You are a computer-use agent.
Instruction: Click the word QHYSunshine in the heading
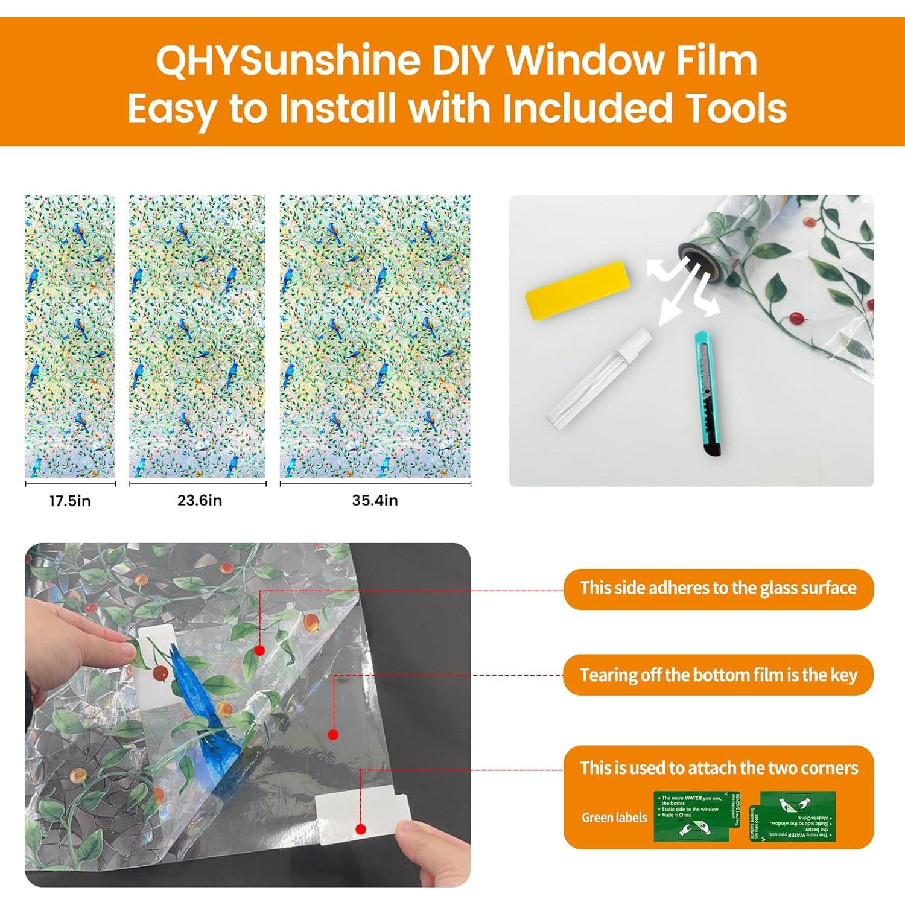[x=288, y=61]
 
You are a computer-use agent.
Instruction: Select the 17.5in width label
[x=70, y=501]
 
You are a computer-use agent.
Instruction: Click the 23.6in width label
[x=199, y=500]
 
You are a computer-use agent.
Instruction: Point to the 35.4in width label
[x=375, y=500]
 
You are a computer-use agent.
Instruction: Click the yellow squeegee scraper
[x=577, y=289]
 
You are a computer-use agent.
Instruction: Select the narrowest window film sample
[x=69, y=336]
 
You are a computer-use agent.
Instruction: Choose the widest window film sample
[x=375, y=336]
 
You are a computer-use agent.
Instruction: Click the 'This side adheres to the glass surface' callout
[x=718, y=588]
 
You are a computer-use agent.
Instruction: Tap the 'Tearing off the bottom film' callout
[x=718, y=675]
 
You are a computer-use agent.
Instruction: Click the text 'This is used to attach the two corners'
[x=718, y=768]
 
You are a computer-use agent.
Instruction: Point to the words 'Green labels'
[x=614, y=818]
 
